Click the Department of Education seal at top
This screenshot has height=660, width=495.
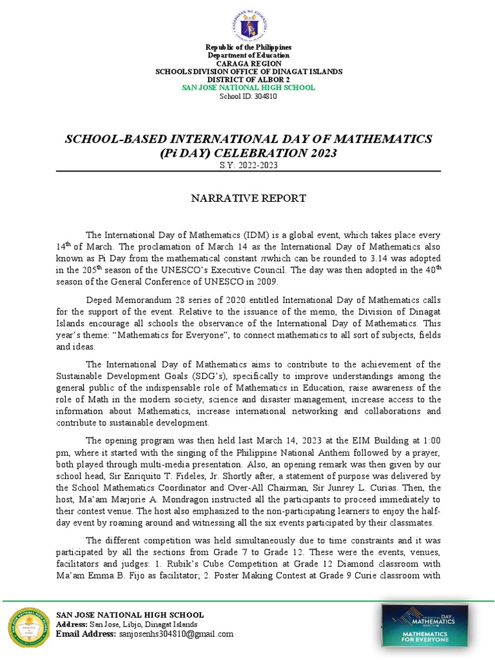[248, 22]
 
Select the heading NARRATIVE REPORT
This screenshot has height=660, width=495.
[247, 198]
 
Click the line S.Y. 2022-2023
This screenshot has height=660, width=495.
[247, 166]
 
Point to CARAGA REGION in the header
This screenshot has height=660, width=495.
[248, 63]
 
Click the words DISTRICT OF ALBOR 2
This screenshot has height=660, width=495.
[248, 79]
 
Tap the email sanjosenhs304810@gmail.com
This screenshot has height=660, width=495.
[176, 634]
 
